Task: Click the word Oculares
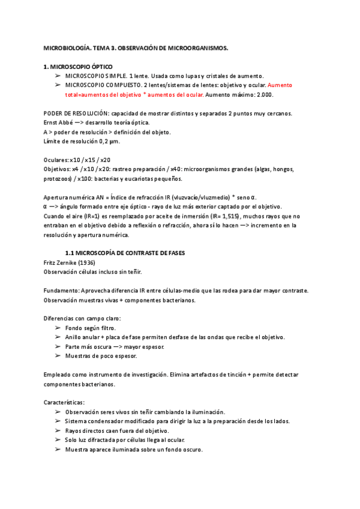[57, 160]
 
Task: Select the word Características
[64, 402]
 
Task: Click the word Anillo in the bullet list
[75, 337]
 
